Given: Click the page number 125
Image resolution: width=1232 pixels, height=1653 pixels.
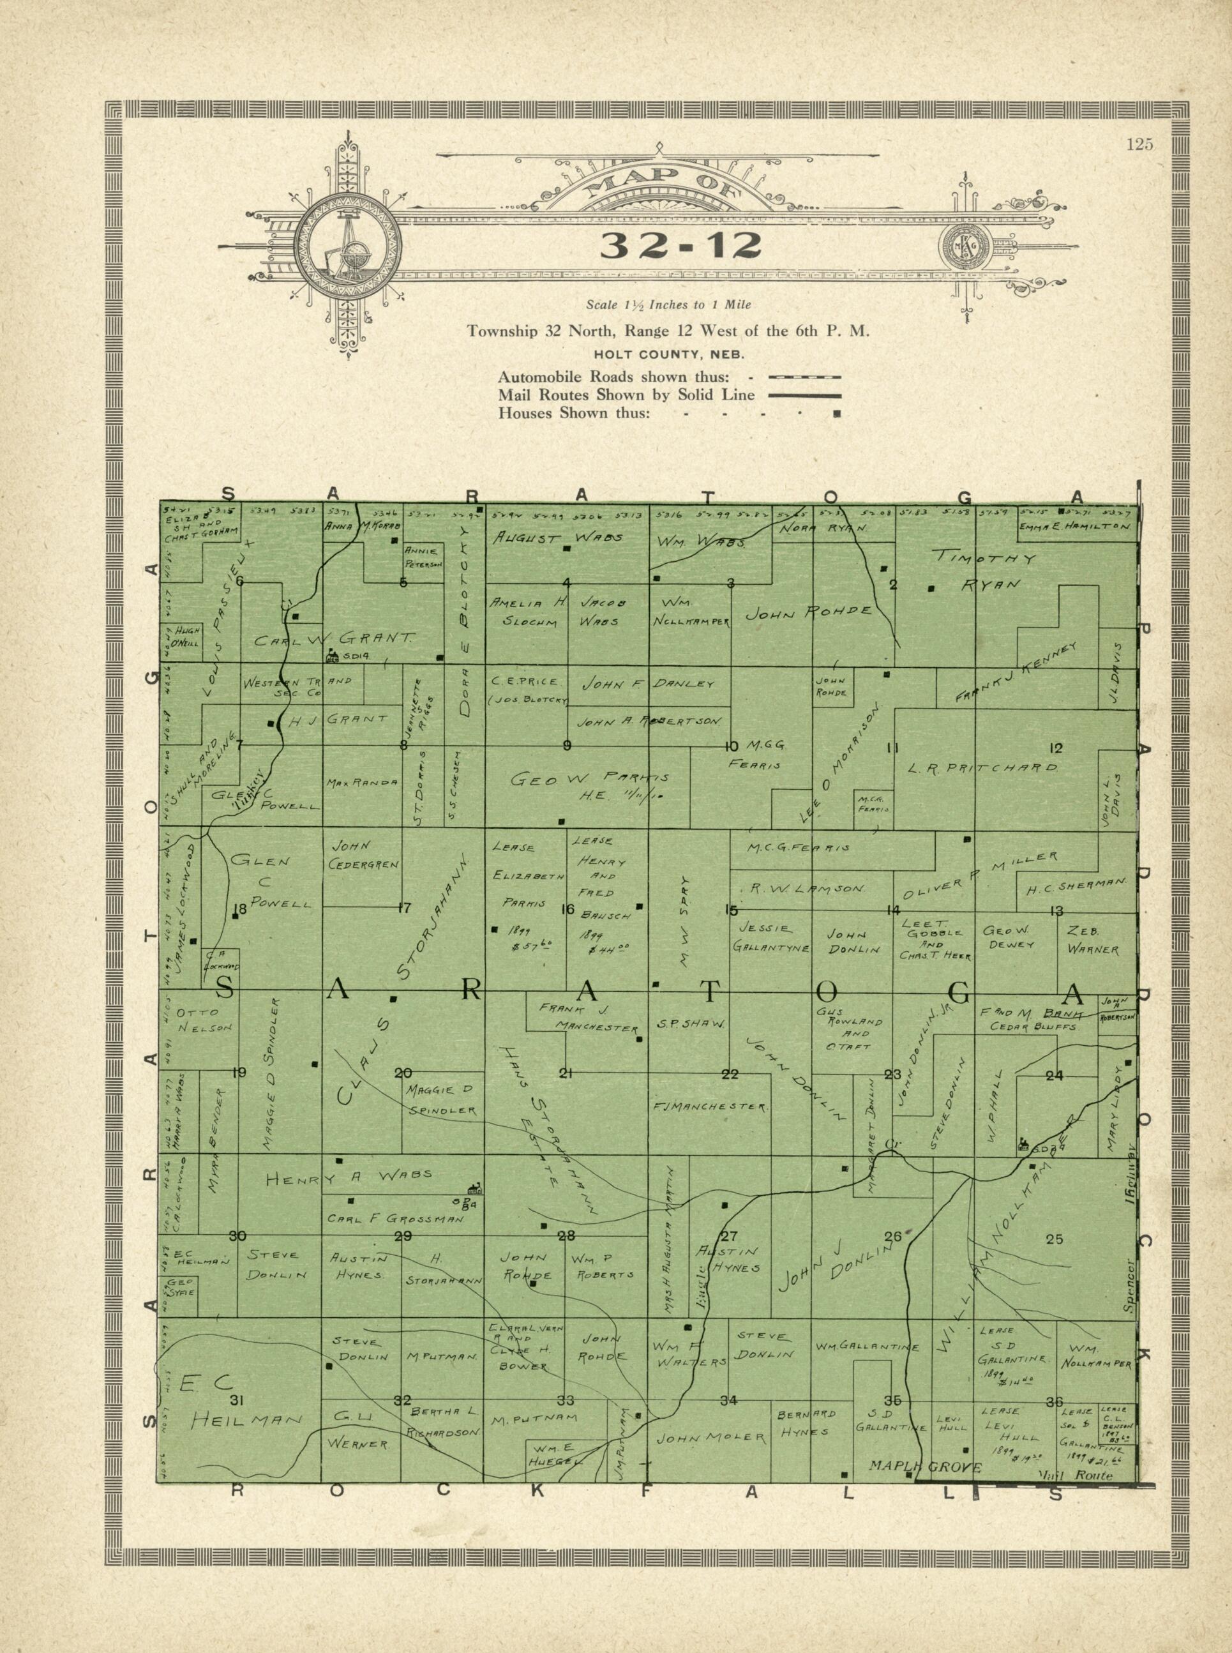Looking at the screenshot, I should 1139,145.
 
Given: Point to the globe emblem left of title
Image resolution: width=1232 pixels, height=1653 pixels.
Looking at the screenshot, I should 347,245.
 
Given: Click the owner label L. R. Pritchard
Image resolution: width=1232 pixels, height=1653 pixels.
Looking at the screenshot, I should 983,767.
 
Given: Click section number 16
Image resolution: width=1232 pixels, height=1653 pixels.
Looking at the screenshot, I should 567,909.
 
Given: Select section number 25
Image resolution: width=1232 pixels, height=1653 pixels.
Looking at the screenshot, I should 1054,1240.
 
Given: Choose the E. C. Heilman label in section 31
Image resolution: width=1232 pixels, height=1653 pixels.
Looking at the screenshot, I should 231,1404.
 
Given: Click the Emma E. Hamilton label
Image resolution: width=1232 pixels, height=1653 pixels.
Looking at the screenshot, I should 1076,527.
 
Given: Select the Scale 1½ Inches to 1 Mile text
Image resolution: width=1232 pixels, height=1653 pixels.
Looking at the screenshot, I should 668,305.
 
